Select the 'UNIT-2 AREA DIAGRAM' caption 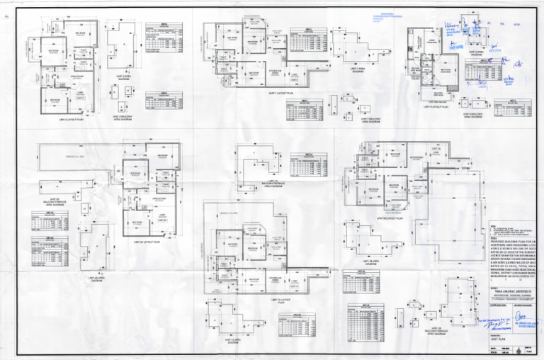click(125, 77)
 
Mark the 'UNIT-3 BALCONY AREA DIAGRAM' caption click(472, 116)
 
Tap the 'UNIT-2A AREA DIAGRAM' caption click(93, 279)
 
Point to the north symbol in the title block click(522, 351)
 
